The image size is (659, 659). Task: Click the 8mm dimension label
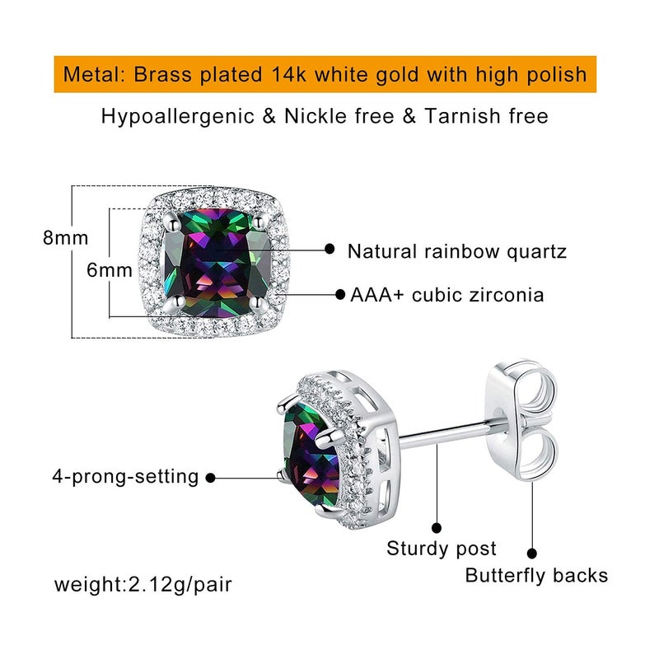tap(66, 238)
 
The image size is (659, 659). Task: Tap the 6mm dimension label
tap(110, 270)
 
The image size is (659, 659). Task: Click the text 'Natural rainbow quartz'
tap(457, 252)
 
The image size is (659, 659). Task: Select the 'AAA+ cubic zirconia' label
tap(447, 295)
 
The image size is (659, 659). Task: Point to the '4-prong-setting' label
tap(125, 477)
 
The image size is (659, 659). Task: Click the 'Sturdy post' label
tap(442, 549)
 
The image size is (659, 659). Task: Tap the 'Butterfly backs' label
tap(537, 575)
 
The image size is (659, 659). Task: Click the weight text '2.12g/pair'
tap(180, 584)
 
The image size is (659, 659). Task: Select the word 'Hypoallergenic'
tap(177, 116)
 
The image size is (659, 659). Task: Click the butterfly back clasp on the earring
tap(522, 420)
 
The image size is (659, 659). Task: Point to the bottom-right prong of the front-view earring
tap(258, 301)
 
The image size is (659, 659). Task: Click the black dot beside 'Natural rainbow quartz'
tap(330, 249)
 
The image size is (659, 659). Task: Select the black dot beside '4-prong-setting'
tap(211, 478)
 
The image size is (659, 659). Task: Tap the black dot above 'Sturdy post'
tap(437, 528)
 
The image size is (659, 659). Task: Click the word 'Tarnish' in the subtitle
tap(462, 116)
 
